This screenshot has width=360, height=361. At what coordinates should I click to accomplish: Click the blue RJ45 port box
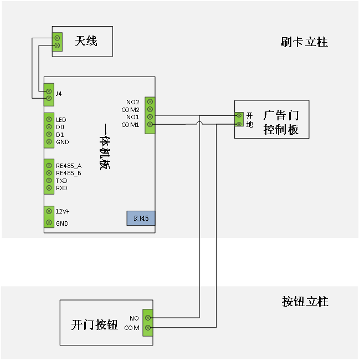pyautogui.click(x=141, y=218)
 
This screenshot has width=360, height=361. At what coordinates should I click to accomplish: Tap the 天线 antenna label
pyautogui.click(x=86, y=40)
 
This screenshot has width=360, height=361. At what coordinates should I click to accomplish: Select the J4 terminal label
pyautogui.click(x=59, y=94)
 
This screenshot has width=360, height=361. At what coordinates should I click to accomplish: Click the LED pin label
pyautogui.click(x=61, y=120)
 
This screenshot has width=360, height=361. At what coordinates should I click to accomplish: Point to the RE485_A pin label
pyautogui.click(x=69, y=166)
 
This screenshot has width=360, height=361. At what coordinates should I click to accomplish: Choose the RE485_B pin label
pyautogui.click(x=69, y=173)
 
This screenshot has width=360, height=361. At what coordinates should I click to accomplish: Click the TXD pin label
pyautogui.click(x=61, y=181)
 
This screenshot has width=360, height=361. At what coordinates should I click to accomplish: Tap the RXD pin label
pyautogui.click(x=61, y=188)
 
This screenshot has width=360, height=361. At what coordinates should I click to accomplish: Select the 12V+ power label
pyautogui.click(x=63, y=211)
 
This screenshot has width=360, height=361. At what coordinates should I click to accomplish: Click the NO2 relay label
pyautogui.click(x=132, y=102)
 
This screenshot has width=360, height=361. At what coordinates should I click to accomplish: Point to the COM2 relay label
pyautogui.click(x=131, y=110)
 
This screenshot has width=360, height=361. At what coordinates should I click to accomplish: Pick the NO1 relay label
pyautogui.click(x=132, y=117)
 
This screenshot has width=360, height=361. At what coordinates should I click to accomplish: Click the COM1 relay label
pyautogui.click(x=131, y=125)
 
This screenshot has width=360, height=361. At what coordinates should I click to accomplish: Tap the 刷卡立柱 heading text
pyautogui.click(x=304, y=42)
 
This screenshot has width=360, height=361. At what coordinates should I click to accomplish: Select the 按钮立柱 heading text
pyautogui.click(x=305, y=302)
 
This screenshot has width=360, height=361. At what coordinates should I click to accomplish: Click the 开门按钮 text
pyautogui.click(x=95, y=325)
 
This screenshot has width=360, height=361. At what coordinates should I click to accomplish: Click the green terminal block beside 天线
pyautogui.click(x=57, y=40)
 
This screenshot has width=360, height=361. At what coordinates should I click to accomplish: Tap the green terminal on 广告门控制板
pyautogui.click(x=239, y=120)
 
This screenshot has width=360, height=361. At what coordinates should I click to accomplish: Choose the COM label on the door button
pyautogui.click(x=132, y=328)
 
